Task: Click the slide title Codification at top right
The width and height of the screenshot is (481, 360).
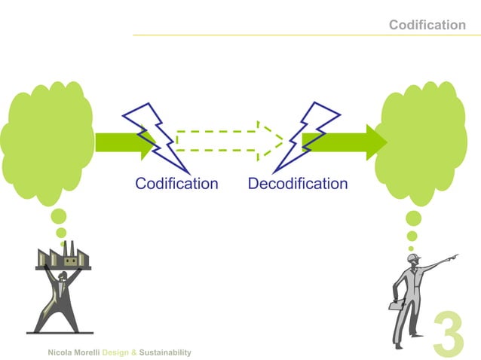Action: click(x=427, y=25)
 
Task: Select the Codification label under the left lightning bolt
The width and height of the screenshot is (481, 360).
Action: click(x=176, y=184)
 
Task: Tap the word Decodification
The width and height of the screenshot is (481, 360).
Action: click(x=297, y=184)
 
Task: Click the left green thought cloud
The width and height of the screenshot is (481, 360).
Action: click(x=47, y=143)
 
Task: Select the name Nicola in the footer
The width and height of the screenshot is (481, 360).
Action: click(x=60, y=352)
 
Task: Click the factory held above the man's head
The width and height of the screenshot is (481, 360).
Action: click(x=63, y=255)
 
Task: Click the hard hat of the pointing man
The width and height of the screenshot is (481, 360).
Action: click(x=412, y=258)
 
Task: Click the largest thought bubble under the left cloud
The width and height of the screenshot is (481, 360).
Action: click(x=59, y=218)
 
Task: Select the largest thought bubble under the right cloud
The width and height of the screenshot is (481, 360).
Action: click(x=413, y=218)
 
